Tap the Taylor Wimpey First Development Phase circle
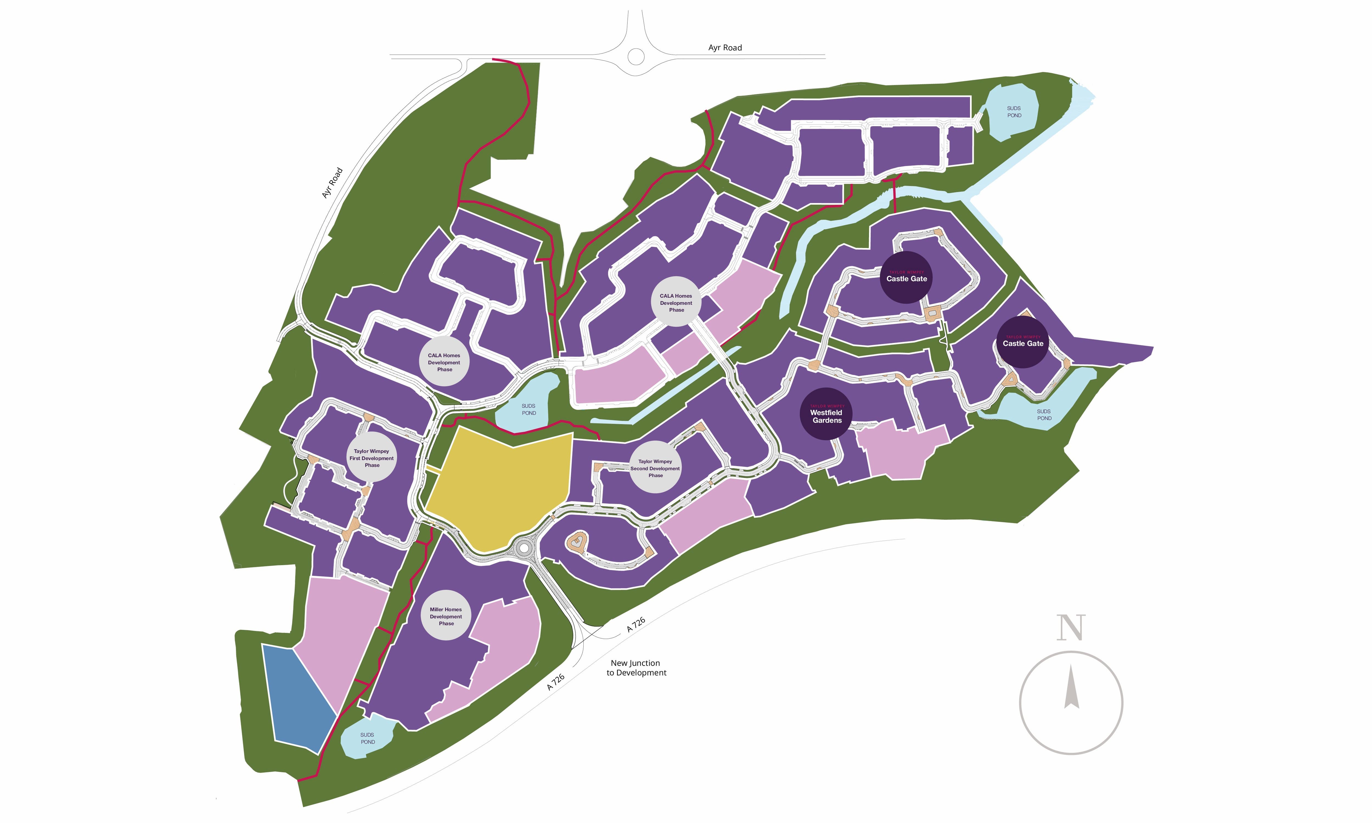372,458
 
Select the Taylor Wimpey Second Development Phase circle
655,467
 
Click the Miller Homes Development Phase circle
446,616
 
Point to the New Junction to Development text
636,668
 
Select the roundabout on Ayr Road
636,56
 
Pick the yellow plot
499,488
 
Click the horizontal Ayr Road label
725,48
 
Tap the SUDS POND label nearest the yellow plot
528,409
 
